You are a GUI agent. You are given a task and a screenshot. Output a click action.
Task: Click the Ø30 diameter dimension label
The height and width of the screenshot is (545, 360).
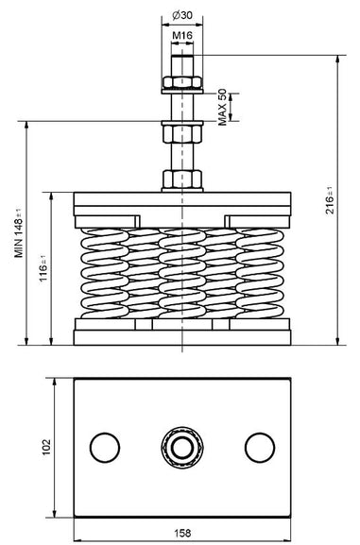pos(182,15)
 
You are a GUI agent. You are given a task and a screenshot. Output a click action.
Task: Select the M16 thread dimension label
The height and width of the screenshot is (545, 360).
pos(182,35)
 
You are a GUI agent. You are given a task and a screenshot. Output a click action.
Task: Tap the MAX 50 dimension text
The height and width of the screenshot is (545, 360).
pos(222,107)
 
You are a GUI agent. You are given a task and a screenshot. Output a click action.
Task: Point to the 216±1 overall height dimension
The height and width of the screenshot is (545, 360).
pos(329,200)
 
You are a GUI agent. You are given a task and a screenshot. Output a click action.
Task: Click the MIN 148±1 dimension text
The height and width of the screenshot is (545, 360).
pos(19,233)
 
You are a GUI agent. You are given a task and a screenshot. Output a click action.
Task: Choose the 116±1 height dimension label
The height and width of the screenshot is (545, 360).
pos(43,268)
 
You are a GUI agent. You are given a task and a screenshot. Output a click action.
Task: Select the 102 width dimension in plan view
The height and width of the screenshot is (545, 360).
pos(46,448)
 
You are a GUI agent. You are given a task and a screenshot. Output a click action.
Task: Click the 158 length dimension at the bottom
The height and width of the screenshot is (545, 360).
pos(182,533)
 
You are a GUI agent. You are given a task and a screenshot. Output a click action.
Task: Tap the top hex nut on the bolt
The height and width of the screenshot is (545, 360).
pos(182,82)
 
